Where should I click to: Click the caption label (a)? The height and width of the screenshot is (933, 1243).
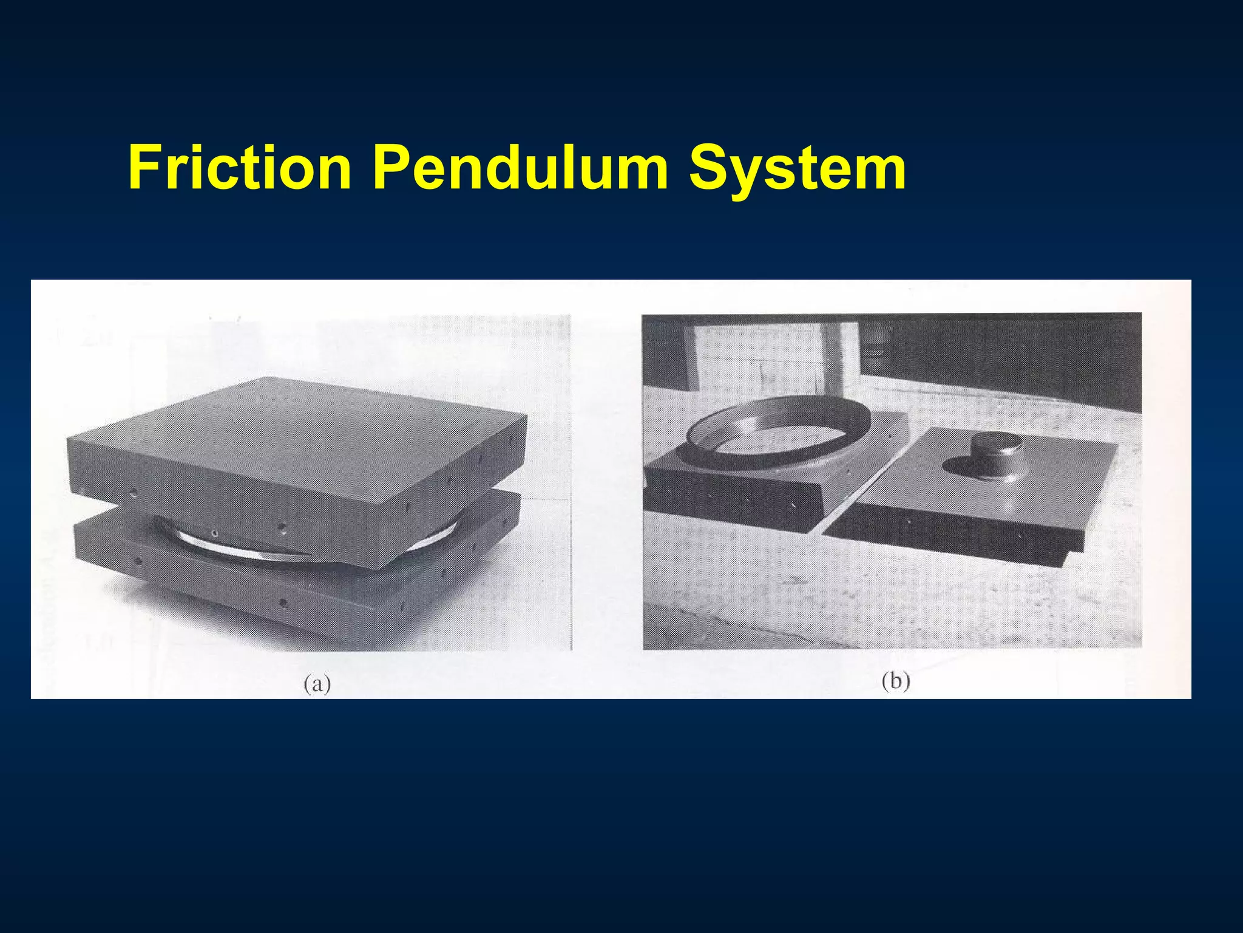(317, 684)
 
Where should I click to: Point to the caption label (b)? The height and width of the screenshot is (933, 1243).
(896, 682)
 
